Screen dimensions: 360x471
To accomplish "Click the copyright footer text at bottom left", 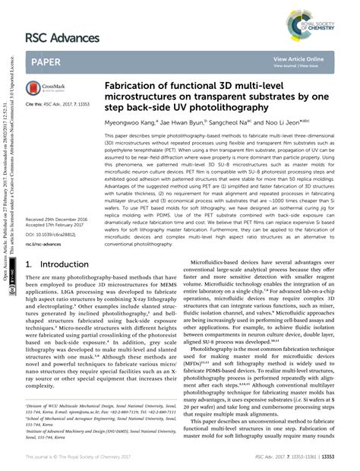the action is pos(79,459).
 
